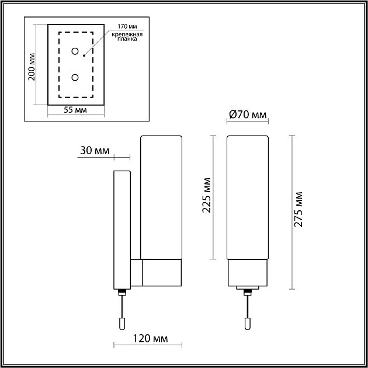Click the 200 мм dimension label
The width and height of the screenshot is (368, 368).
point(33,65)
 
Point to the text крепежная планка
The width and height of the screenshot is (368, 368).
point(125,38)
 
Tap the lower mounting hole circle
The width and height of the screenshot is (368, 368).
point(75,77)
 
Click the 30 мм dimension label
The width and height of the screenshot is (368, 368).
point(94,151)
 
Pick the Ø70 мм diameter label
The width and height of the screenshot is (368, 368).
point(247,114)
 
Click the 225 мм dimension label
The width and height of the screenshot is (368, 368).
point(206,197)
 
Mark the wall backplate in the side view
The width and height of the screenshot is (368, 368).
point(121,228)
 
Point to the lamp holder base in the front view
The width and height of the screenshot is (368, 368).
point(247,272)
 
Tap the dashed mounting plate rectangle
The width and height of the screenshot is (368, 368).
point(60,64)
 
